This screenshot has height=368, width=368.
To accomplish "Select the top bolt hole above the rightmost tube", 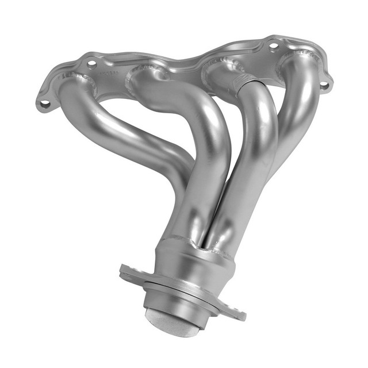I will [x=274, y=45].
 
